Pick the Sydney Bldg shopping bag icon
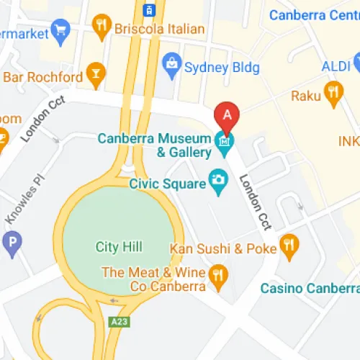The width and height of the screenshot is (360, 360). pyautogui.click(x=171, y=66)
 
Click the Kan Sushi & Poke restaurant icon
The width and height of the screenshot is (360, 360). pyautogui.click(x=289, y=248)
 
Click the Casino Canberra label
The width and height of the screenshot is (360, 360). pyautogui.click(x=310, y=289)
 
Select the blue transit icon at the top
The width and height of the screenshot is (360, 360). pyautogui.click(x=149, y=10)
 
